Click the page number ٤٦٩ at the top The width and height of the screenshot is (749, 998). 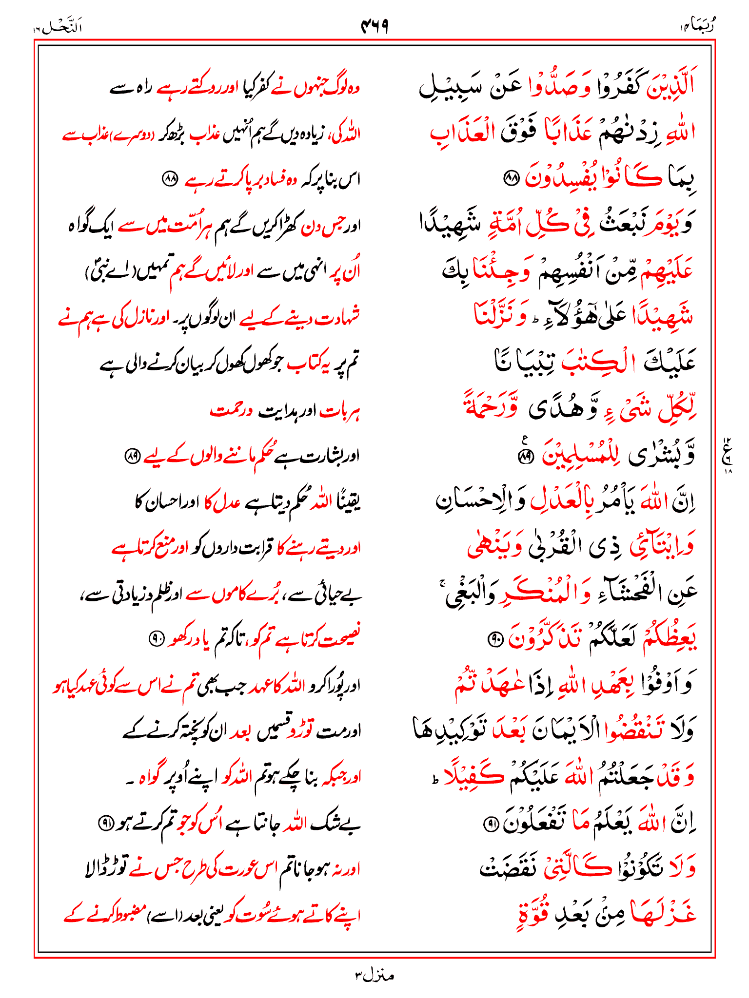pos(374,26)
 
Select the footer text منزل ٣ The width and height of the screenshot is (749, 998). pos(374,975)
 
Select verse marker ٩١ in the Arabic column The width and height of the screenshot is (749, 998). pos(490,824)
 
